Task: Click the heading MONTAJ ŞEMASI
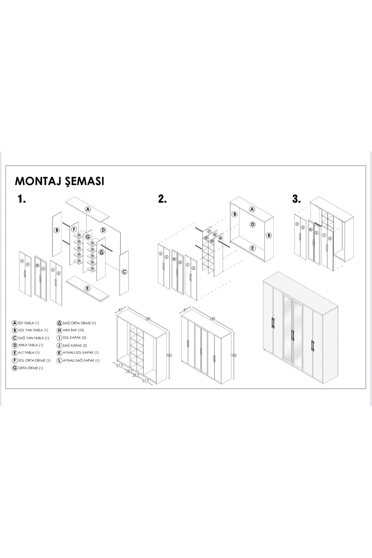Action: (x=60, y=181)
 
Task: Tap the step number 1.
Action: (x=22, y=199)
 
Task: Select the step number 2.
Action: (x=162, y=199)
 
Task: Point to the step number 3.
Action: (x=296, y=199)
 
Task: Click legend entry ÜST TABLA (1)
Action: (x=26, y=323)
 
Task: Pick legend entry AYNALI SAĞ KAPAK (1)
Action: (x=78, y=361)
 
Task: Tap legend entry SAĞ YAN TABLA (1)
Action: (x=31, y=338)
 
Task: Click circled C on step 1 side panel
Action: (x=124, y=272)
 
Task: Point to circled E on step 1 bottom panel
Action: (x=88, y=288)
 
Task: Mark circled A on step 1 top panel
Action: (x=88, y=209)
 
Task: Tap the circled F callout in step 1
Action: (x=74, y=230)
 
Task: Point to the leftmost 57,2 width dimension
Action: (x=120, y=366)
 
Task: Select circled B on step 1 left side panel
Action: (x=57, y=230)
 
